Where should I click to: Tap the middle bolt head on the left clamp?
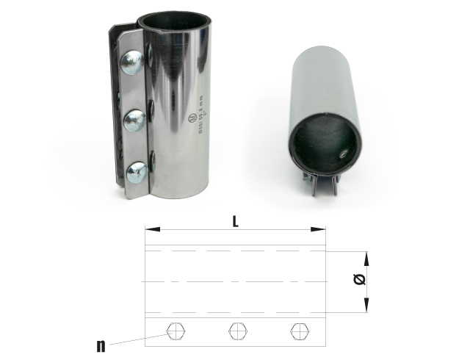tap(135, 120)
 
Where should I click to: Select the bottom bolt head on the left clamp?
tap(137, 173)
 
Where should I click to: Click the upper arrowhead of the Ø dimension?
tap(365, 255)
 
